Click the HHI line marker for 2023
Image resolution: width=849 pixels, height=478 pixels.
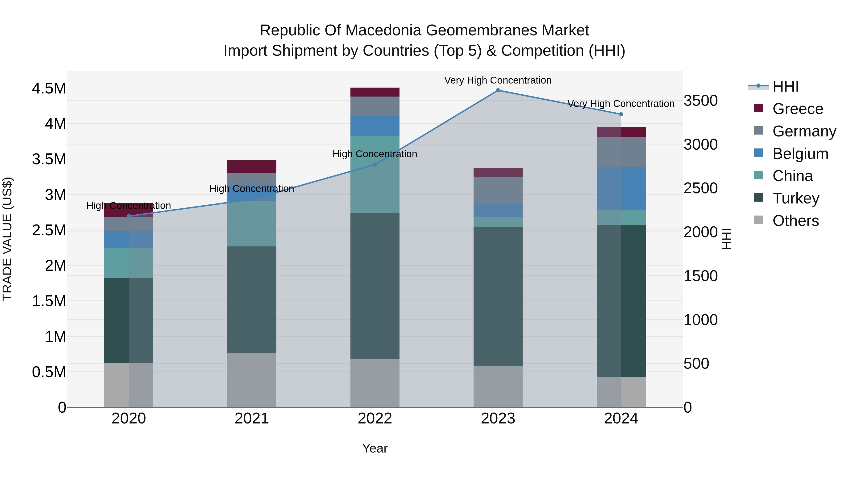click(498, 90)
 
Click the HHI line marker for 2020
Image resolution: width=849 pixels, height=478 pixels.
click(129, 216)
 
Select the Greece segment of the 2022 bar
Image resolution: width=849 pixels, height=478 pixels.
click(375, 92)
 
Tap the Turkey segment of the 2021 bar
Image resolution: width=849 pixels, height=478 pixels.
click(252, 299)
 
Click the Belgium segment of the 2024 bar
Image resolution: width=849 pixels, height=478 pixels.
click(621, 188)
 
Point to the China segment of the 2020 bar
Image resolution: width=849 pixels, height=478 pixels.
click(129, 263)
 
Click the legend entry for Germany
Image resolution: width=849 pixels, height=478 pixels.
click(804, 131)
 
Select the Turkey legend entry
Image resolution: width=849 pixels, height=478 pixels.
click(796, 198)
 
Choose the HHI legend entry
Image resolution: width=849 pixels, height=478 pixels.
click(785, 86)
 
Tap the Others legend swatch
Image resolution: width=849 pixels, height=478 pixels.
click(758, 220)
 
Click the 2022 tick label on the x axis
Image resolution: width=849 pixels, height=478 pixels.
click(375, 419)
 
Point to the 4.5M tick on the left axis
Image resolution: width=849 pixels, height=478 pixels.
click(49, 89)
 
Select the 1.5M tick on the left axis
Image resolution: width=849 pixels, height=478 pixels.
click(49, 301)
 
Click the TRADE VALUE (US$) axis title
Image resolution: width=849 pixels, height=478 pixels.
click(7, 239)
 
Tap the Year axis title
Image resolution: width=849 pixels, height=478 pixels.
click(375, 448)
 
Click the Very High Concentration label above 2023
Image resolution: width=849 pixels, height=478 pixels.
click(498, 80)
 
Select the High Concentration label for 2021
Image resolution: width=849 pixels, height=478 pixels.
click(252, 189)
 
